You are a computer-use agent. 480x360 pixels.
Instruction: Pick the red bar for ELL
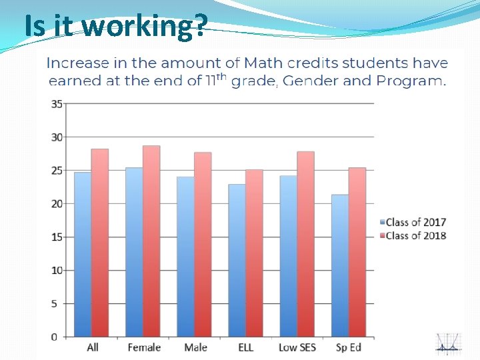(x=254, y=253)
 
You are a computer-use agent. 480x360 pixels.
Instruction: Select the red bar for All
(x=100, y=243)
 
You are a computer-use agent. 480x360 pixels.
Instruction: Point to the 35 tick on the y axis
(x=57, y=104)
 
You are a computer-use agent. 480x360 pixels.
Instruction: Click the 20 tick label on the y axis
(x=57, y=204)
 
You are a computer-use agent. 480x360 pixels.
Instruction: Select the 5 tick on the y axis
(x=59, y=303)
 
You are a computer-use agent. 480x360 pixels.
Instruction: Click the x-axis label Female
(x=144, y=347)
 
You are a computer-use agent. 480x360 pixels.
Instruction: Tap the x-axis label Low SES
(x=297, y=347)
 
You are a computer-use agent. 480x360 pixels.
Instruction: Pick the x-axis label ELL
(x=245, y=347)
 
